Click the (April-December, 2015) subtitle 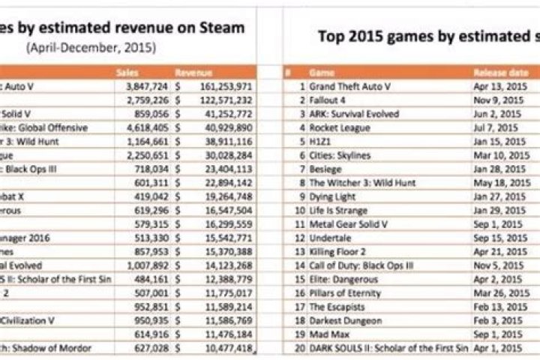coord(90,46)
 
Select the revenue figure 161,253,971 coord(225,86)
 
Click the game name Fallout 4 coord(331,100)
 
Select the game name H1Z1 coord(321,141)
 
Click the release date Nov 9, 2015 coord(496,100)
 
